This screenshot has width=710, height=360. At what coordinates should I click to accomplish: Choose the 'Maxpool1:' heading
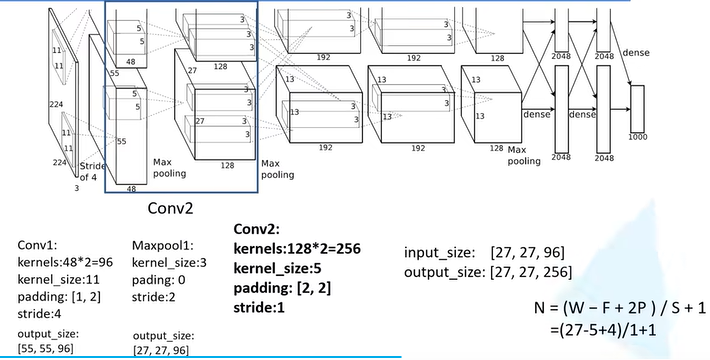tap(163, 244)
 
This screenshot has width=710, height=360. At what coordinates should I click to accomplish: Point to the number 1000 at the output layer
tap(637, 135)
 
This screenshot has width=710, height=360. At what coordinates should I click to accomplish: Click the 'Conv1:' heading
tap(39, 244)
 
